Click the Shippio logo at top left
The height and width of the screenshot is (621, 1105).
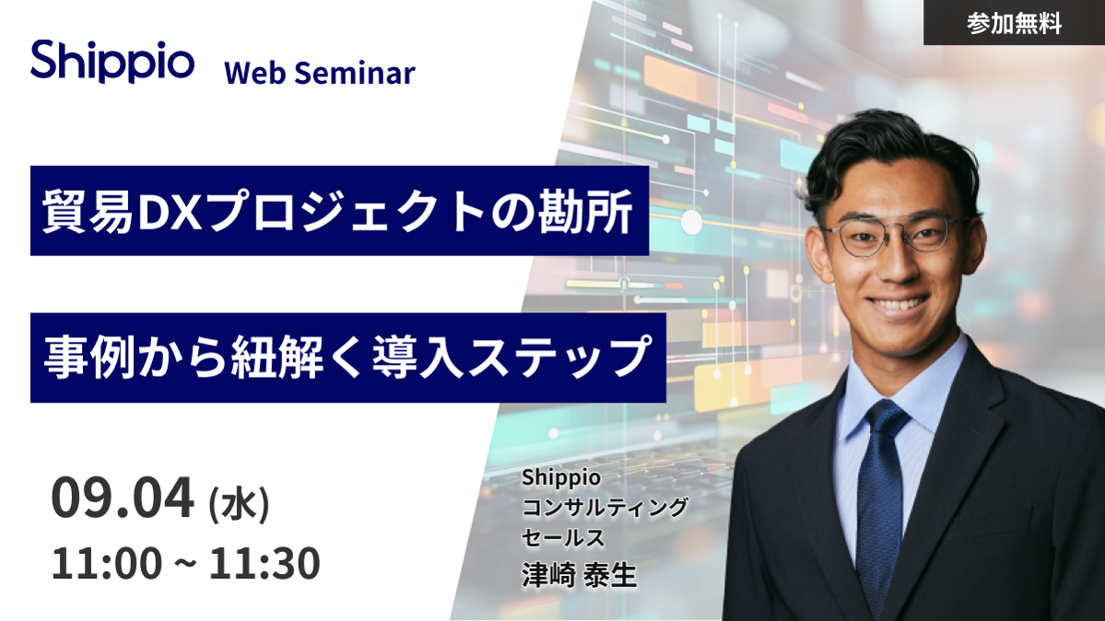[x=112, y=61]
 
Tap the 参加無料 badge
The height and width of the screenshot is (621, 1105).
[x=1014, y=23]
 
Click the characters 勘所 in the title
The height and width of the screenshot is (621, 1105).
[x=585, y=212]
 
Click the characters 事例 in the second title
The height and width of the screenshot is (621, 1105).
[x=89, y=357]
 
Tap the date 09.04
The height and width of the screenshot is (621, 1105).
[x=122, y=498]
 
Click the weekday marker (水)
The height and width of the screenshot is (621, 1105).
[x=239, y=504]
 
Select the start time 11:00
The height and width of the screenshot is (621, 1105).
[x=106, y=563]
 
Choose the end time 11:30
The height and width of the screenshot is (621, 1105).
[x=265, y=563]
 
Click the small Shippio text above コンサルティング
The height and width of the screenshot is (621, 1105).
[x=561, y=478]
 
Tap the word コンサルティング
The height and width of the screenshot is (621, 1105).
[x=605, y=507]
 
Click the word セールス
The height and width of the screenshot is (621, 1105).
[x=563, y=538]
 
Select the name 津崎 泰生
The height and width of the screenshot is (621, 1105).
[x=580, y=575]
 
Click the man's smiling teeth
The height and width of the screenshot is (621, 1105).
[x=898, y=305]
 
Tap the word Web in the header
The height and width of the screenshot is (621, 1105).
[x=255, y=74]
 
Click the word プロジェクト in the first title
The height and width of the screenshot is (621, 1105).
[x=346, y=212]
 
